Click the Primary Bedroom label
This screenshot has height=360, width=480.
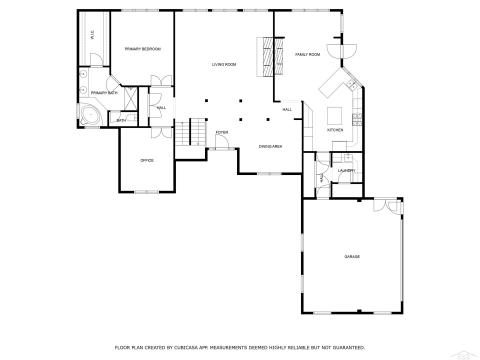[x=142, y=49]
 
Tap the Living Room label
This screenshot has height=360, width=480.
[x=224, y=65]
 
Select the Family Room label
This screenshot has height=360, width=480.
[x=307, y=54]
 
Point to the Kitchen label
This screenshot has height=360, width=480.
[x=335, y=130]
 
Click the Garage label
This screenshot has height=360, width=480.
[x=352, y=257]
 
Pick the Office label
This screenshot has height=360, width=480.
[x=146, y=160]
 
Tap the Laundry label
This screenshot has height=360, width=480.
[x=345, y=171]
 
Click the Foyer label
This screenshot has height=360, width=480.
[x=221, y=132]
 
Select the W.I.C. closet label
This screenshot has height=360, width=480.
[x=93, y=37]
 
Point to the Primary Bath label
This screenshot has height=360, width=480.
[x=104, y=93]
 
